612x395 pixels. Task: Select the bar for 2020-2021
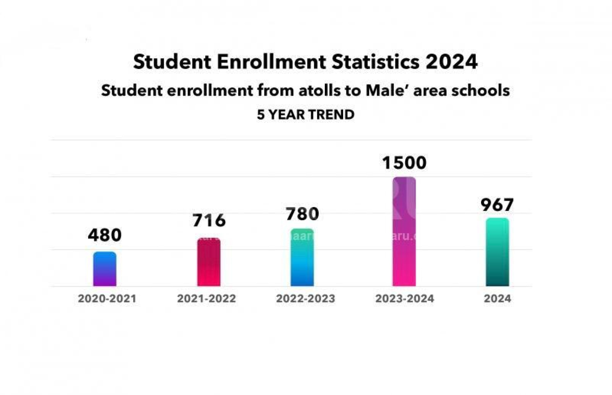click(x=105, y=269)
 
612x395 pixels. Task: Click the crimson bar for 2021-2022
click(x=209, y=262)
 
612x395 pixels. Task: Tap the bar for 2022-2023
click(x=302, y=257)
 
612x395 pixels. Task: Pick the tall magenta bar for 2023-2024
click(x=404, y=232)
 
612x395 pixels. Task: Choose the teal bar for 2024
click(x=497, y=252)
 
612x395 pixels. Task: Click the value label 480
click(x=105, y=235)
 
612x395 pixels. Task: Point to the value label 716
click(x=209, y=221)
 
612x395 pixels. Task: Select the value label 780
click(x=302, y=214)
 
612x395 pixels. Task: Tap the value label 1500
click(x=404, y=163)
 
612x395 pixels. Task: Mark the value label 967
click(x=497, y=205)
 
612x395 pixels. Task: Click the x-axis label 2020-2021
click(x=107, y=299)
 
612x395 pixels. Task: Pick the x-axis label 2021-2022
click(x=206, y=299)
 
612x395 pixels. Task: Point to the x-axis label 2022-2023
click(x=306, y=299)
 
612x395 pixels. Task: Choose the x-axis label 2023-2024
click(x=405, y=299)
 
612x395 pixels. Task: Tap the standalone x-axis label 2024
click(x=497, y=299)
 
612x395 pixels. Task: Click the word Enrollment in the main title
click(x=271, y=62)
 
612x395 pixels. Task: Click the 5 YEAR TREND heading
click(x=306, y=115)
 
